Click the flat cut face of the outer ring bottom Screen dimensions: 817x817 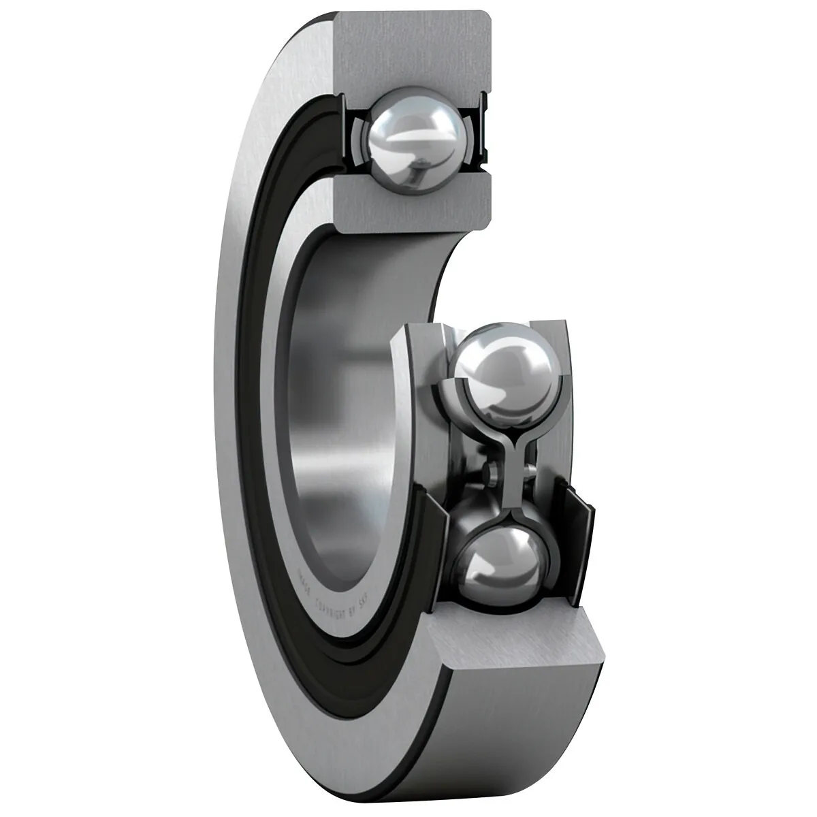tap(517, 640)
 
